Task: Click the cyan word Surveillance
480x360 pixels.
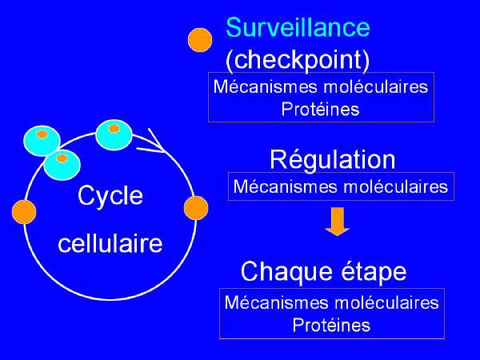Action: click(298, 27)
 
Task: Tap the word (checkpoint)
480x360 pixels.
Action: click(298, 59)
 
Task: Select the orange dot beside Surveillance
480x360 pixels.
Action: click(200, 40)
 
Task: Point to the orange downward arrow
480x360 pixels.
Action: click(338, 222)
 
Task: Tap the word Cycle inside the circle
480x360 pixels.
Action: click(110, 196)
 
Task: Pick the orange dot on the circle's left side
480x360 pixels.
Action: click(24, 212)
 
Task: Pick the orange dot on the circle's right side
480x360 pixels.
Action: click(196, 208)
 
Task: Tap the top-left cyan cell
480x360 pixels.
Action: click(42, 141)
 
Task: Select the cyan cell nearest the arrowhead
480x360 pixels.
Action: click(114, 135)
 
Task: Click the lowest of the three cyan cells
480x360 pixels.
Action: click(62, 165)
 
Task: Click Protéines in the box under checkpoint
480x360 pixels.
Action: click(320, 109)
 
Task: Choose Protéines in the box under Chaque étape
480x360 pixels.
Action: click(331, 325)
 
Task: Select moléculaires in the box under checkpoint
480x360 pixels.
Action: click(376, 86)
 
